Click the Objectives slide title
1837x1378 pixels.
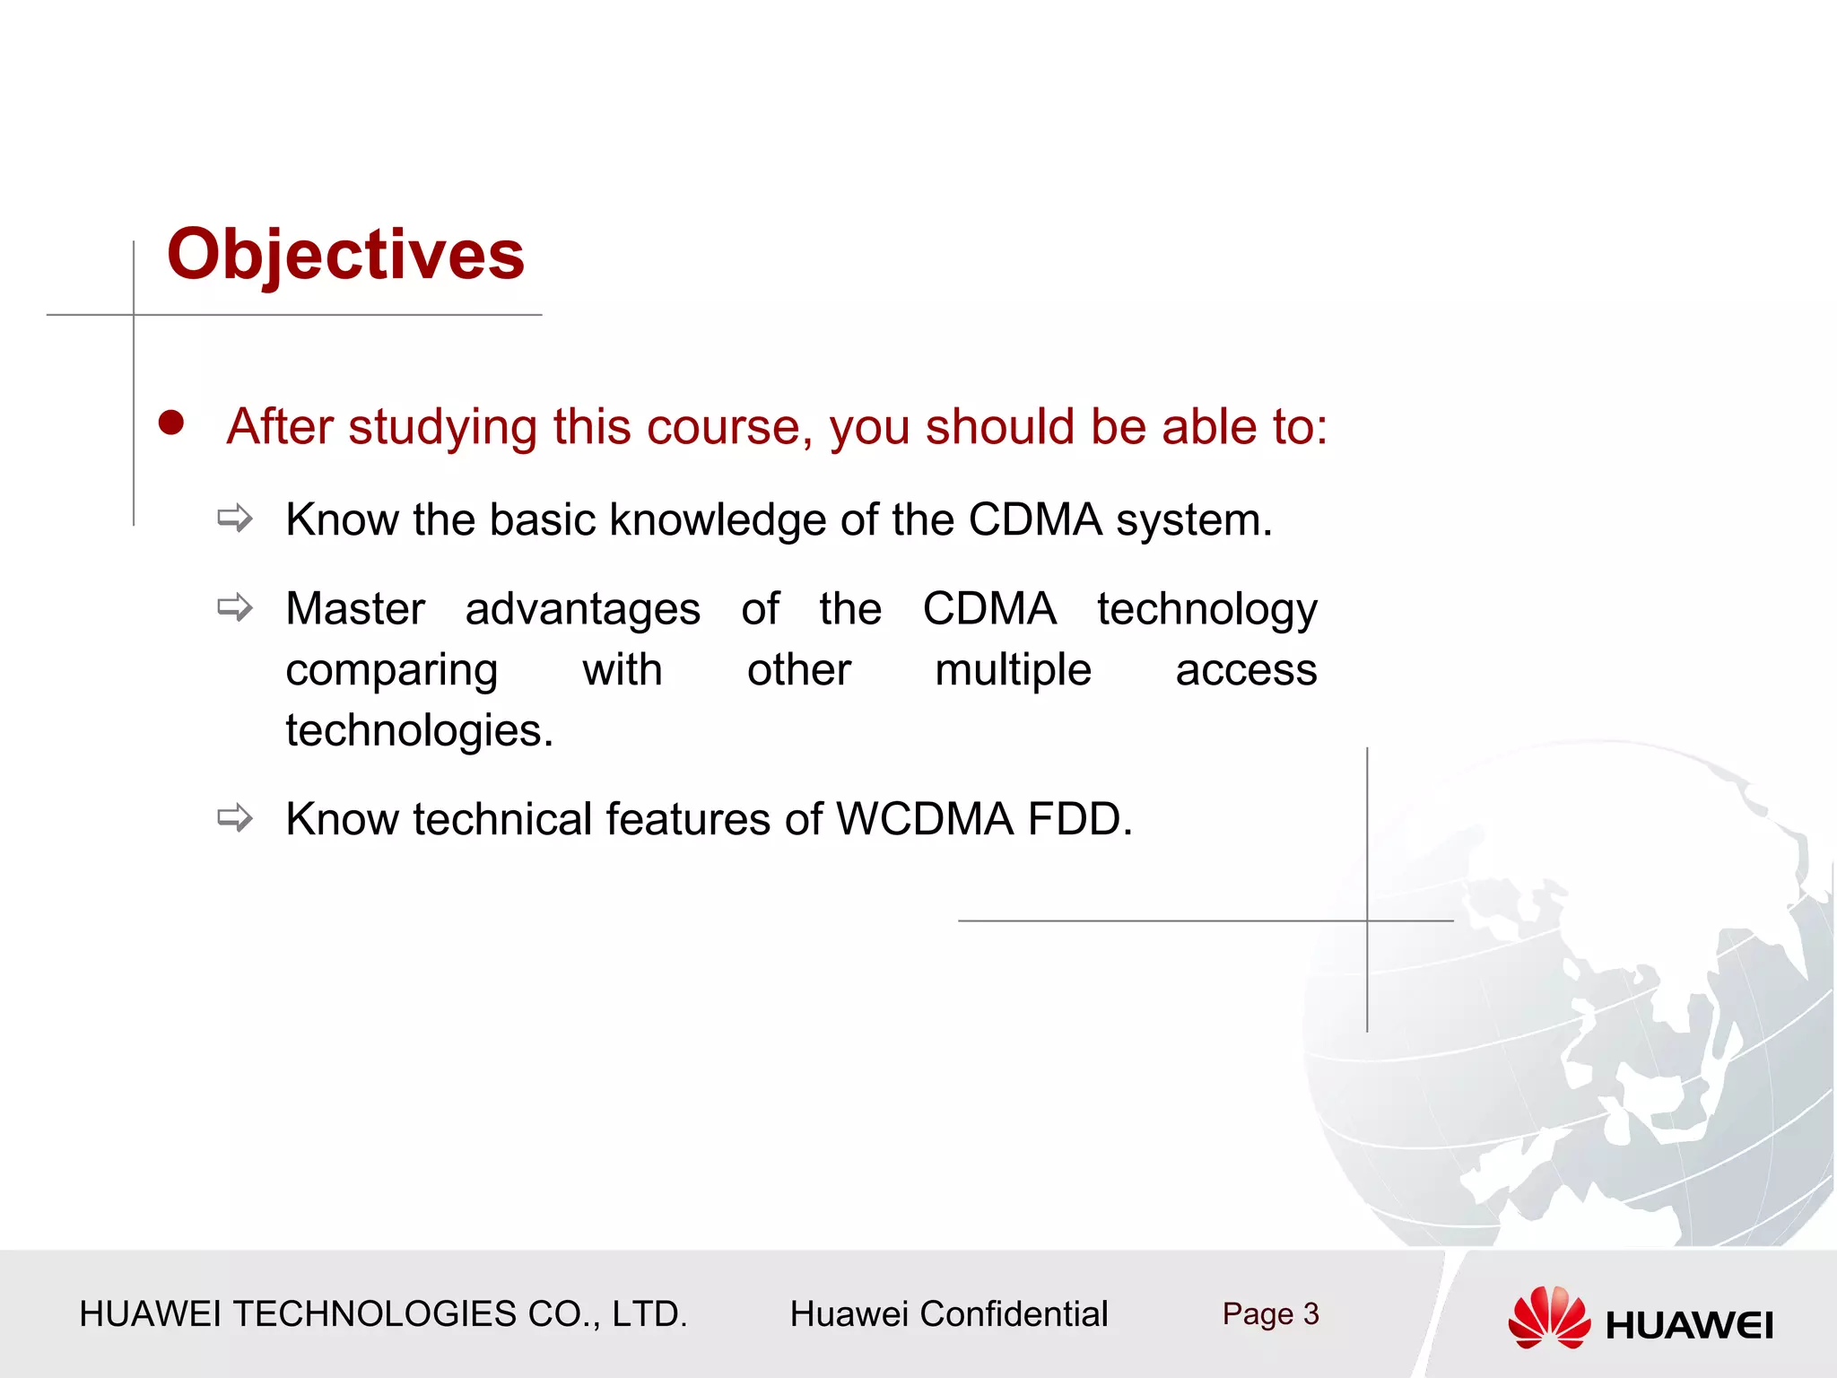(345, 255)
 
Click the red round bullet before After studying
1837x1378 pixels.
(171, 423)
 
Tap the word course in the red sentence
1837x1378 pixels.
(723, 427)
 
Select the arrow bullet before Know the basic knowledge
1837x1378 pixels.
(235, 519)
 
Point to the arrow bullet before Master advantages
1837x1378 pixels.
(235, 608)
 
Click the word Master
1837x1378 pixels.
(355, 609)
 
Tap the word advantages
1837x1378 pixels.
(582, 610)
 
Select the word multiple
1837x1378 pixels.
(1013, 670)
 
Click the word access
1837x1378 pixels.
(1246, 670)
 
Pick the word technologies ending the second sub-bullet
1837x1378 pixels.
(419, 730)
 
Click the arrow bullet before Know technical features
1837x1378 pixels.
(235, 818)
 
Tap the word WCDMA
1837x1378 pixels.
(924, 819)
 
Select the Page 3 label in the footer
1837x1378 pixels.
(1270, 1314)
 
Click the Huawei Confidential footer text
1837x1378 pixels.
(948, 1314)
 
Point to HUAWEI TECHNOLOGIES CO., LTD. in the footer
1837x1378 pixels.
(383, 1314)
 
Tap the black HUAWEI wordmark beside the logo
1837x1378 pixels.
(1689, 1326)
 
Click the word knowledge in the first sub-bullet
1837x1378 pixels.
(718, 520)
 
